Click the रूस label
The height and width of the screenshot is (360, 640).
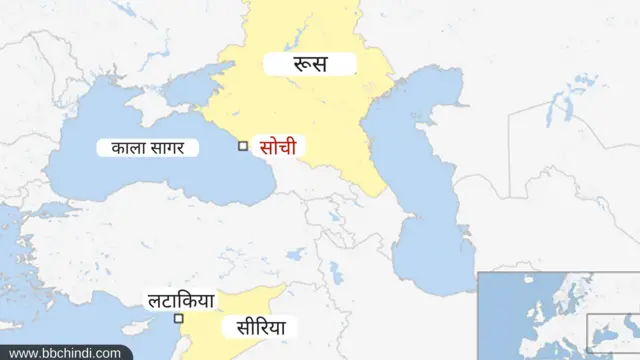tap(310, 65)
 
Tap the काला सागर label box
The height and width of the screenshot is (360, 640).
tap(147, 148)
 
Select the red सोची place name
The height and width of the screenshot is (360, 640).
tap(277, 147)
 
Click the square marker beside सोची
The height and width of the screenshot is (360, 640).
tap(242, 146)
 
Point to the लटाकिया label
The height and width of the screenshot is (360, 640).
tap(180, 298)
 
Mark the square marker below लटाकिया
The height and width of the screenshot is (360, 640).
tap(179, 319)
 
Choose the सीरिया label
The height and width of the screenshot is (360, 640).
tap(261, 327)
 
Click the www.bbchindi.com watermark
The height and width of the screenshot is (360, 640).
tap(65, 352)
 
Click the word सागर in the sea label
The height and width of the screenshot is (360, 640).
tap(170, 148)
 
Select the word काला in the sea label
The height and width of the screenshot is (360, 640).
tap(126, 148)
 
